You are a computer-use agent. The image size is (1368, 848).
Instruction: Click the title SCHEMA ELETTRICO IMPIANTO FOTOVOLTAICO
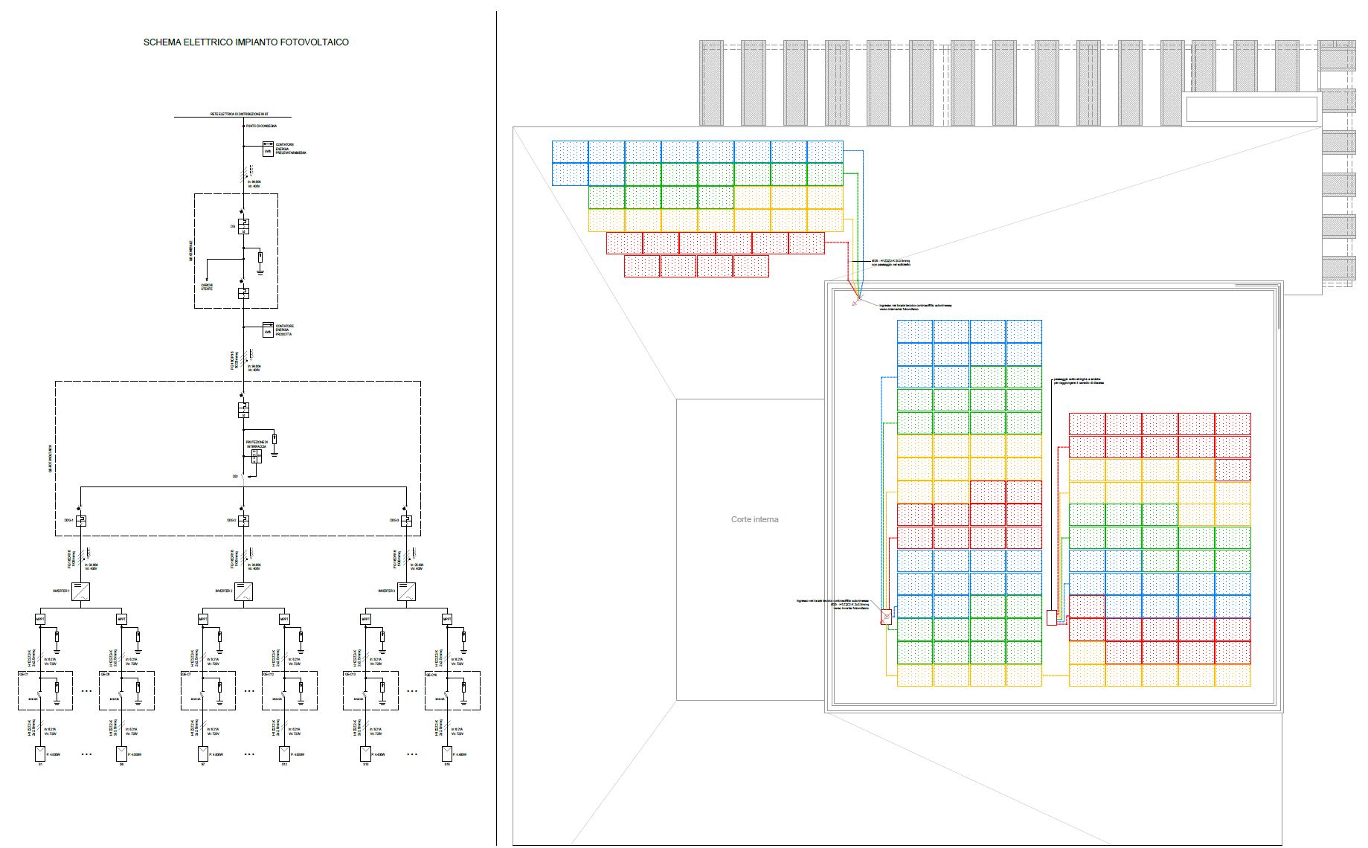245,42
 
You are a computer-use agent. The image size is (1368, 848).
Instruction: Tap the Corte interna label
754,519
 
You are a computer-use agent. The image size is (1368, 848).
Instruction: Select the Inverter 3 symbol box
406,591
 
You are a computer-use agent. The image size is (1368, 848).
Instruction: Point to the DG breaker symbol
243,226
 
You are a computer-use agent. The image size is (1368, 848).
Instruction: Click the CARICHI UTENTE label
207,287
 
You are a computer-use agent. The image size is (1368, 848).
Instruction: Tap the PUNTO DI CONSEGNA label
261,126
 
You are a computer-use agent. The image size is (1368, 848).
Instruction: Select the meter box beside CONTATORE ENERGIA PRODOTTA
268,329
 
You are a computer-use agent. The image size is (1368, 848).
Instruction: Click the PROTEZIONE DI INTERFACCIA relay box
255,456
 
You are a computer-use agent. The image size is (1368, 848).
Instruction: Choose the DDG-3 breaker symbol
406,521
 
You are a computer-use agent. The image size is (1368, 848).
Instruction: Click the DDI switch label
235,475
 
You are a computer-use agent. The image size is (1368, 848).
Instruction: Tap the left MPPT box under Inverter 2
203,619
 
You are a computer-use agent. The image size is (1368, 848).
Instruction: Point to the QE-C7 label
187,675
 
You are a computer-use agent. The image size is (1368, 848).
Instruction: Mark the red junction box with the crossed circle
886,617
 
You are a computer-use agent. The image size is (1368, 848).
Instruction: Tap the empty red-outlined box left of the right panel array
1051,617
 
